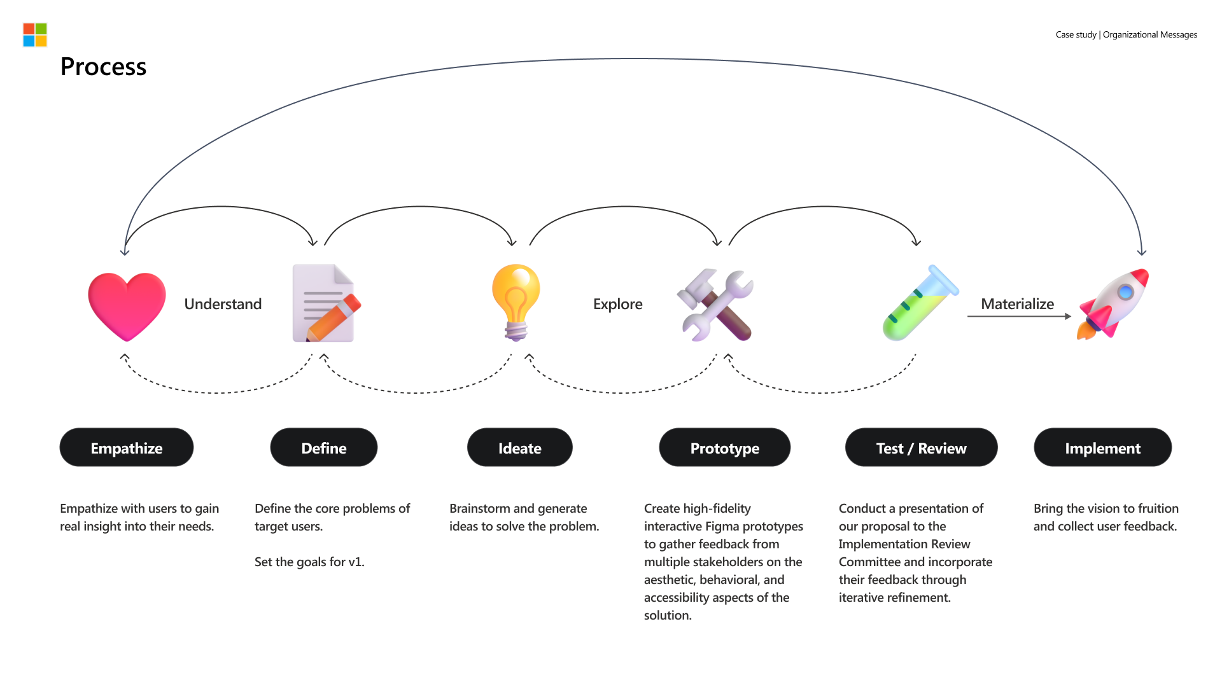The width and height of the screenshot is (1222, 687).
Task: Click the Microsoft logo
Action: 35,35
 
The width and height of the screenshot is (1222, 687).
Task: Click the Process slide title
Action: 103,67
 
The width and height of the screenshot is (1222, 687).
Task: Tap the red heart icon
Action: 127,306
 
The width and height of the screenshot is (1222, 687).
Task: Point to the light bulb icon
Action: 516,302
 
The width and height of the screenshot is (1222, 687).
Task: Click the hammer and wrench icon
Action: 715,305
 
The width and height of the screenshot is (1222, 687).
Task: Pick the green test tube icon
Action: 920,303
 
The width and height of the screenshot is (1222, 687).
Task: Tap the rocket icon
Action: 1113,303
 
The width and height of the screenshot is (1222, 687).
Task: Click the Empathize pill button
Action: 127,448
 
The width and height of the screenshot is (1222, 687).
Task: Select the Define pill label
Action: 324,448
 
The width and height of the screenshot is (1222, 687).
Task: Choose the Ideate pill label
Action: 520,448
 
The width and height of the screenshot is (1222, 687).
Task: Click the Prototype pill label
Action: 725,448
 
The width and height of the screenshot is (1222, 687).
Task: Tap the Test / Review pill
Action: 921,448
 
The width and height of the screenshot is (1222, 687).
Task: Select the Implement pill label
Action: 1102,448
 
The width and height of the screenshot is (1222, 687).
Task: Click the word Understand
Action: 223,304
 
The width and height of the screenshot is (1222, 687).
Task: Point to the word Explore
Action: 617,304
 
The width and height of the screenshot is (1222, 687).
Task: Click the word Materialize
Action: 1017,304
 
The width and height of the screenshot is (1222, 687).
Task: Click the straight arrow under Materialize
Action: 1018,316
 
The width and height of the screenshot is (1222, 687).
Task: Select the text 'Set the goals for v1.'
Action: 309,562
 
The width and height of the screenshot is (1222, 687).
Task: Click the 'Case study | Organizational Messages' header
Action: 1126,34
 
